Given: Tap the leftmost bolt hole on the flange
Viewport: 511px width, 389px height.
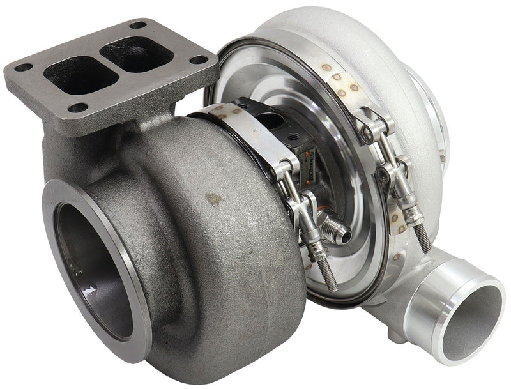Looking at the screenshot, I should (x=22, y=67).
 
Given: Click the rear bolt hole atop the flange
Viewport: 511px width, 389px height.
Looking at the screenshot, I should (x=138, y=26).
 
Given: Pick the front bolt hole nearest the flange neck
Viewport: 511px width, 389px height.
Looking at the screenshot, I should (x=78, y=107).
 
